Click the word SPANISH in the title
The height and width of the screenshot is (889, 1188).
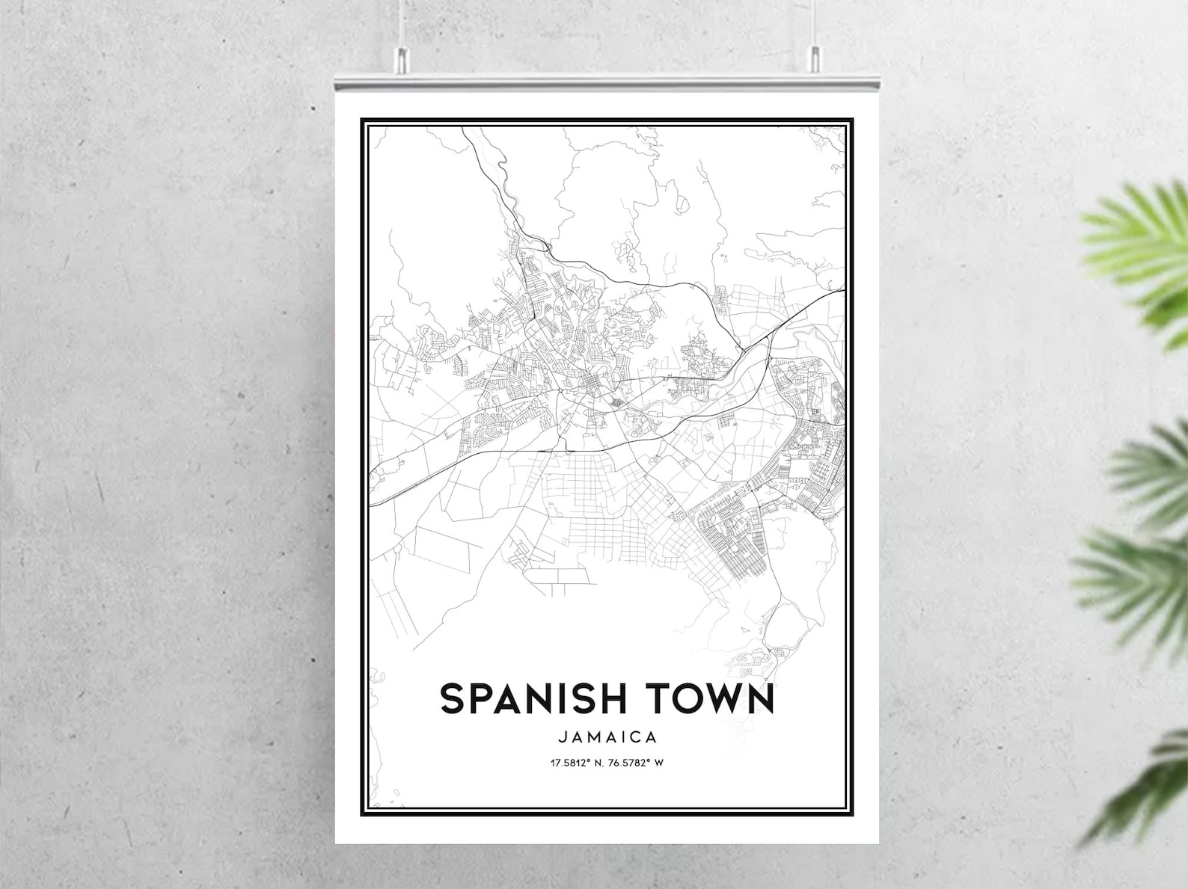click(535, 698)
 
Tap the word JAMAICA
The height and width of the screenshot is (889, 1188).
click(607, 737)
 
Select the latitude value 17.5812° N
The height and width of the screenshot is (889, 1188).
click(578, 763)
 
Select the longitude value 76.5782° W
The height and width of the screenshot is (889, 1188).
click(636, 763)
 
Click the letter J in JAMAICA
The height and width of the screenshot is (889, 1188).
click(562, 737)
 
